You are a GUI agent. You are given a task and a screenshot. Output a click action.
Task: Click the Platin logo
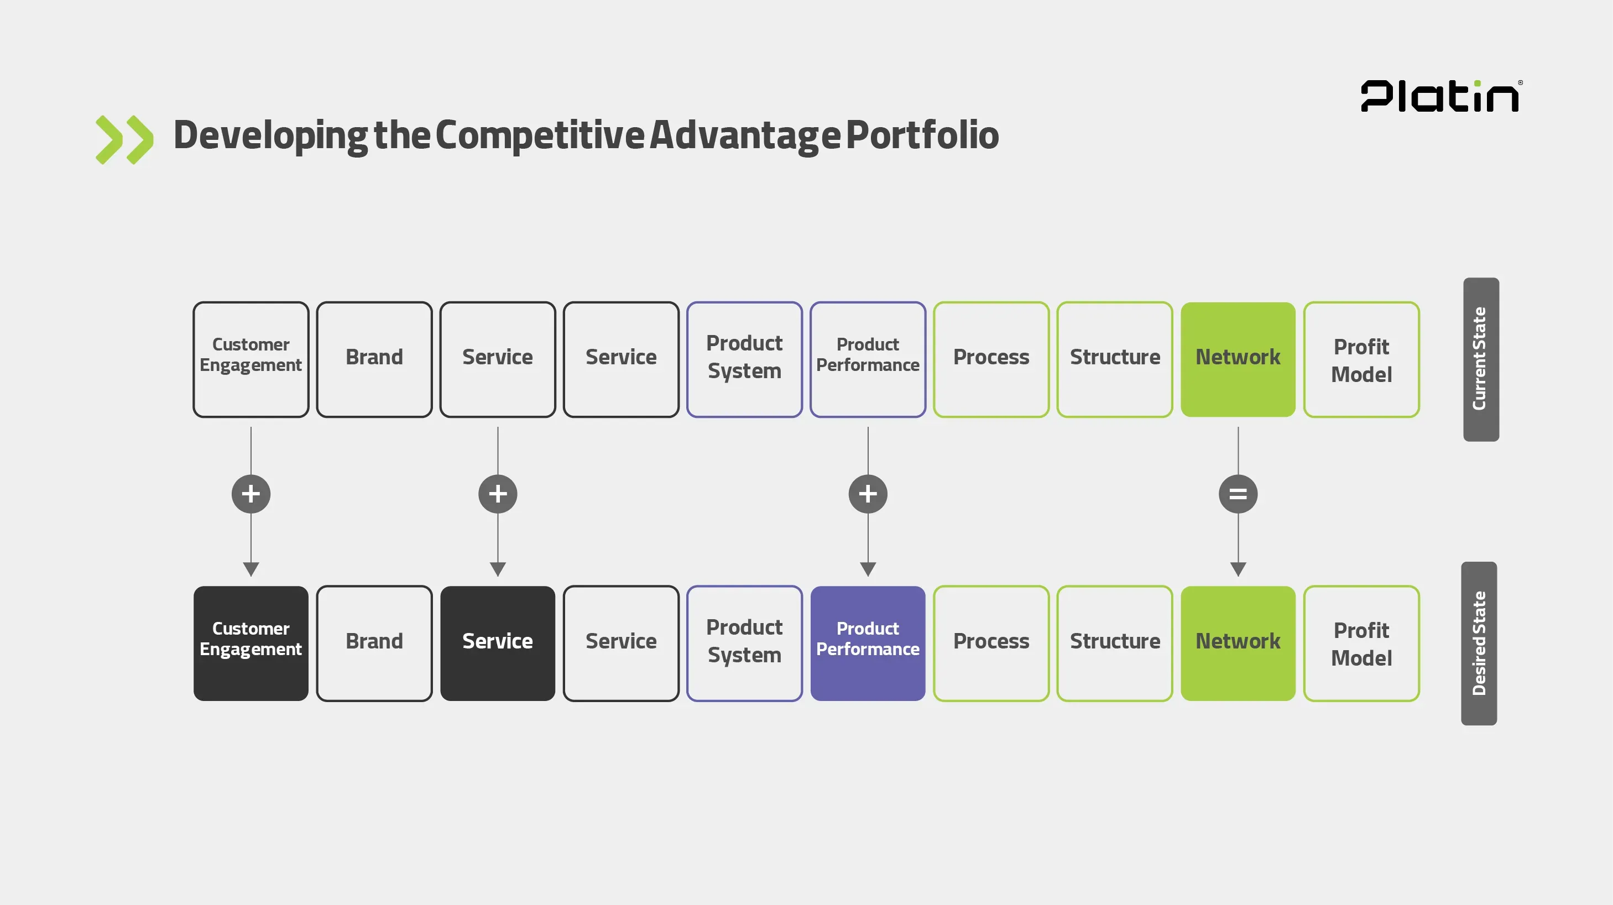[1440, 96]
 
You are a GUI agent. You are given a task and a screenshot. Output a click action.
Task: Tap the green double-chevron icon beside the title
[124, 139]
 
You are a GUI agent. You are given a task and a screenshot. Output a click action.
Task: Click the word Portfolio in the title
[922, 135]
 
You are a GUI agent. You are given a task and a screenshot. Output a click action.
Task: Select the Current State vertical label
[1480, 359]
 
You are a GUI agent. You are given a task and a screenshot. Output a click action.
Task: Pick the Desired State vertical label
[1479, 643]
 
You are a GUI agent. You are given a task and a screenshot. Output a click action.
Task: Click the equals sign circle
[1238, 494]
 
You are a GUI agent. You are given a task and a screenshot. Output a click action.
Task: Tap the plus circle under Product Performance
[867, 494]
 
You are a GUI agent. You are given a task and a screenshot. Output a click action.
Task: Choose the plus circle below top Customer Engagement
[250, 494]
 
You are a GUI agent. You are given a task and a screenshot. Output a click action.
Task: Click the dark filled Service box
[497, 643]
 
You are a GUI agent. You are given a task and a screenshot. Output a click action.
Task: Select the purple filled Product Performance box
[867, 643]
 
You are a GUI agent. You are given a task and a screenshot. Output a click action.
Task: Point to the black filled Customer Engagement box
[250, 643]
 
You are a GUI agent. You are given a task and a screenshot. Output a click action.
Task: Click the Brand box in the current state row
[374, 359]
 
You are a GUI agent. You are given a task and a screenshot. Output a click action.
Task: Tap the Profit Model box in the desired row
[1361, 643]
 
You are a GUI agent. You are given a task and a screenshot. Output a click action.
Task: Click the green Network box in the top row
[1238, 359]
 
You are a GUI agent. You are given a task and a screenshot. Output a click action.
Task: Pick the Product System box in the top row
[744, 359]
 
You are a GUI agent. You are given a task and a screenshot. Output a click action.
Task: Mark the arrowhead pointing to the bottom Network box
[1238, 569]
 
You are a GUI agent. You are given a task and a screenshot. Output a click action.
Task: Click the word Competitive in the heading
[540, 135]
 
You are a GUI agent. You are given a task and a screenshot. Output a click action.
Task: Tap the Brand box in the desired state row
[374, 643]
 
